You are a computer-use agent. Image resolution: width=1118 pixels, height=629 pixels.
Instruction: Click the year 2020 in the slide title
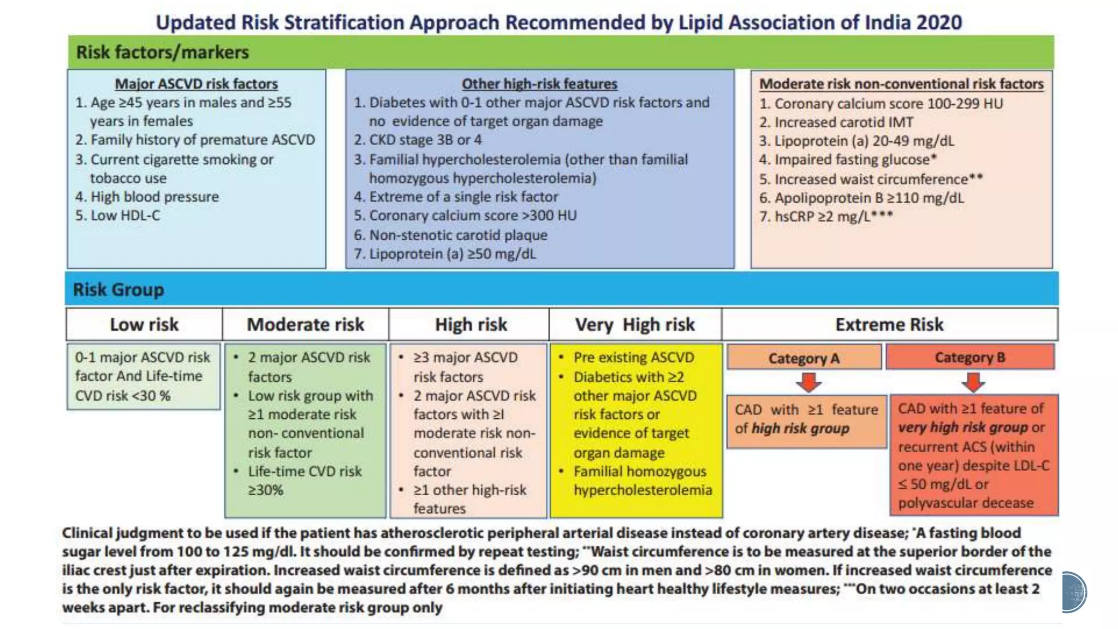(x=938, y=22)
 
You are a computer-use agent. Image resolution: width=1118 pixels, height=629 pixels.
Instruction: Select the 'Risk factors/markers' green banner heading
(x=162, y=52)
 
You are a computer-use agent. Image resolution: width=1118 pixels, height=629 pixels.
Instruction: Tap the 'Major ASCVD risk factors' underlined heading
(x=196, y=84)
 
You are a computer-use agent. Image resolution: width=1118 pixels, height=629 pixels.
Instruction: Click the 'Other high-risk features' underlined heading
(x=539, y=84)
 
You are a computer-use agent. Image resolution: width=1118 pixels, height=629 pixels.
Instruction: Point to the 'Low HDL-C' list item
(x=125, y=216)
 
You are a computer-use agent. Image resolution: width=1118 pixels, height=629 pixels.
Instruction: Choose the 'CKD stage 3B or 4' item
(x=425, y=140)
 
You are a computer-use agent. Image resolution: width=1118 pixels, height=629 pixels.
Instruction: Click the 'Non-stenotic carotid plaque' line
(x=458, y=235)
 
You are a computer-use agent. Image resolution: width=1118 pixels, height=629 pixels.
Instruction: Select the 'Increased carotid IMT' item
(x=843, y=122)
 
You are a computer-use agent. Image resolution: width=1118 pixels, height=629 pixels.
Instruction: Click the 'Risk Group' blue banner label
(x=118, y=289)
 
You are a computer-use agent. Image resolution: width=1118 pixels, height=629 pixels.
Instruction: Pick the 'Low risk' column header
(x=144, y=324)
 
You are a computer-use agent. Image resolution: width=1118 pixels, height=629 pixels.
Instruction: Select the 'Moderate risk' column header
(x=305, y=324)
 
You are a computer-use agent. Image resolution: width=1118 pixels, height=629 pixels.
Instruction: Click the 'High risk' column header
(x=471, y=324)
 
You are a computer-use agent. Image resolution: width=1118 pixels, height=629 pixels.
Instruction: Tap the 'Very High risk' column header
(x=635, y=324)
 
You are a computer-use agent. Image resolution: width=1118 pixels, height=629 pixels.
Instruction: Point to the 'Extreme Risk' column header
(x=889, y=324)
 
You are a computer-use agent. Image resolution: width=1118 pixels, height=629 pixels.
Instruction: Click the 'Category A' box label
(x=804, y=358)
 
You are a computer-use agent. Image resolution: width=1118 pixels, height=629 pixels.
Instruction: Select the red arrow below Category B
(x=973, y=382)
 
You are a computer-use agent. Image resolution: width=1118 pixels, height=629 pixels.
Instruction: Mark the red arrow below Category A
(x=808, y=382)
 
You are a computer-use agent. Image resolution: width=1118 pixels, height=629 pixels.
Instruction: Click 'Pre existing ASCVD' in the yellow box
(x=633, y=358)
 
